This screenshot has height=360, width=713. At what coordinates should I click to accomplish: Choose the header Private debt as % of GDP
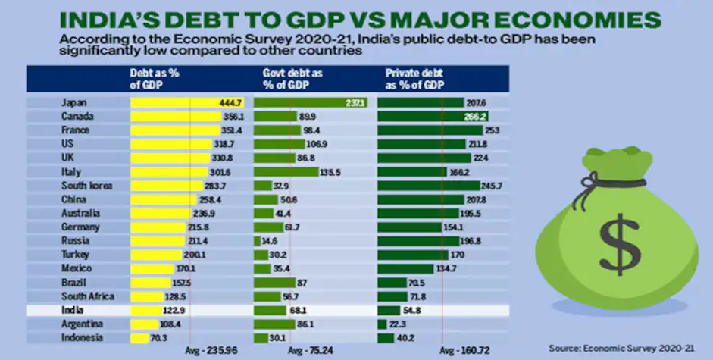[414, 79]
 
